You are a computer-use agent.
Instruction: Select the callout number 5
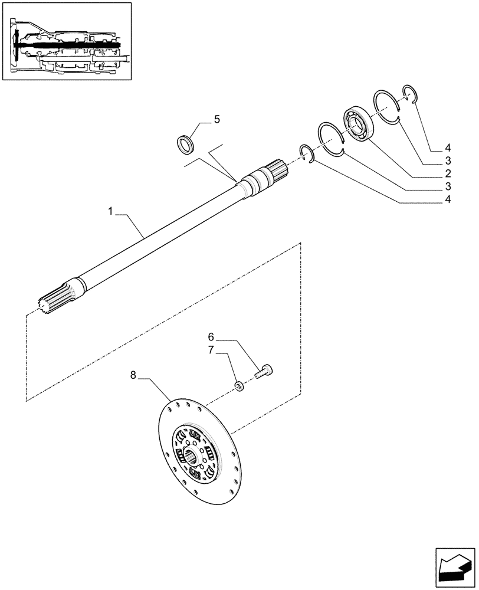click(216, 120)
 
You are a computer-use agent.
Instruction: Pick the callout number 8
click(133, 375)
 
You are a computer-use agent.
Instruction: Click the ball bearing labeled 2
click(360, 123)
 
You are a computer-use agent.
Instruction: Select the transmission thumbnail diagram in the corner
click(67, 42)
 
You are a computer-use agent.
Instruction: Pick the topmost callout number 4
click(449, 147)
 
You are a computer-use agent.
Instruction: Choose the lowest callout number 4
click(449, 200)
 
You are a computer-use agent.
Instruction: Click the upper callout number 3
click(449, 160)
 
